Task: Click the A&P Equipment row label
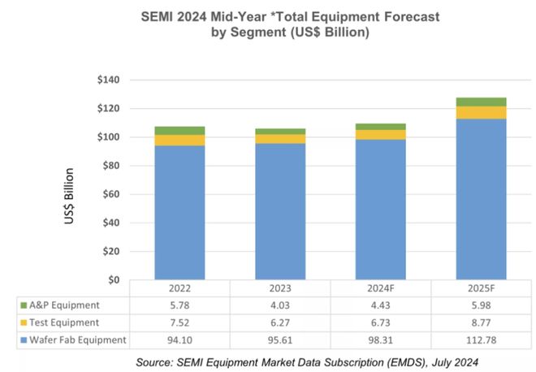point(69,305)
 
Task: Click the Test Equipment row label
point(68,322)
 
